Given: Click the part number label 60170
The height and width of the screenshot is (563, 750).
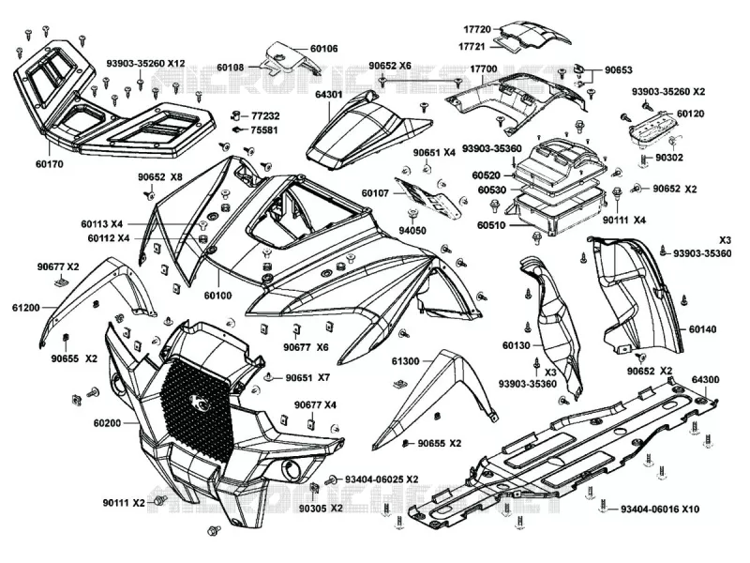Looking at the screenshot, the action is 50,164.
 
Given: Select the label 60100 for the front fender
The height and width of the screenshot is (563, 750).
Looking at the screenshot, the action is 218,296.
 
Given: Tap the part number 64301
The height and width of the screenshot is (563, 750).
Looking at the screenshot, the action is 329,95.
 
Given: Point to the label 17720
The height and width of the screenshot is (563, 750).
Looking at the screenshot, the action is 477,29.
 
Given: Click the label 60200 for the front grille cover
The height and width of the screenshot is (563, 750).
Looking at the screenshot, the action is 107,423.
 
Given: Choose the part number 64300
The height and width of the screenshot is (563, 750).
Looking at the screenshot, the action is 706,380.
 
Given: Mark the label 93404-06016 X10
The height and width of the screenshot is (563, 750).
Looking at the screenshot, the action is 660,509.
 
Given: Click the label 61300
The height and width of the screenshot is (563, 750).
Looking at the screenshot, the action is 405,361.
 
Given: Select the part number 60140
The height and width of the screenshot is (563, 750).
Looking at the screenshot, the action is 702,329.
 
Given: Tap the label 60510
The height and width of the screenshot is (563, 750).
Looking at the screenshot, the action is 491,225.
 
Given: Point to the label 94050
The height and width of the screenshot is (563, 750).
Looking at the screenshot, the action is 412,231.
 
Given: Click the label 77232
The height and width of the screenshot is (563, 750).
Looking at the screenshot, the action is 265,115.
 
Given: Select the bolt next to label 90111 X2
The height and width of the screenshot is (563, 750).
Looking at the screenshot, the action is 158,501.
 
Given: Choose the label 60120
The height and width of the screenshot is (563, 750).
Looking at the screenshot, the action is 691,114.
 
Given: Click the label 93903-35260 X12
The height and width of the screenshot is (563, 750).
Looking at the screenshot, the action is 145,63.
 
